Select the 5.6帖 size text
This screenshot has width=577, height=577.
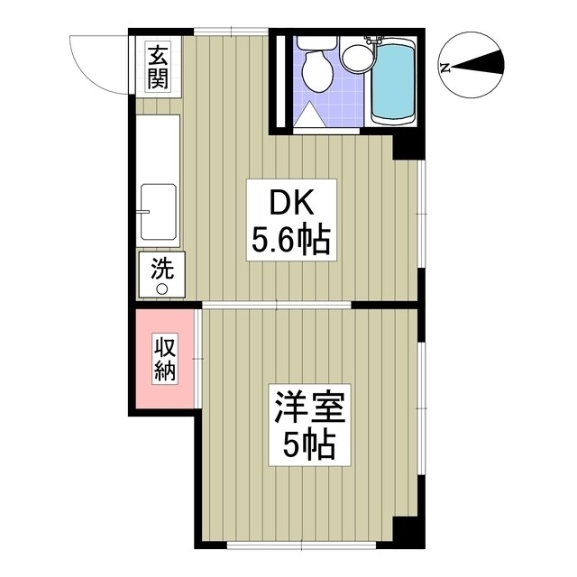coord(290,241)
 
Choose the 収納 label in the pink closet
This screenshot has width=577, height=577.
coord(164,358)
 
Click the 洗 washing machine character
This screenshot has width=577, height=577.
coord(162,269)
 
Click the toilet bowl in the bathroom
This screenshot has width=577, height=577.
coord(315,70)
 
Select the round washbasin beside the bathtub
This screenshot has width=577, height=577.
coord(354,59)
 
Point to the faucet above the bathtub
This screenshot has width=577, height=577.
coord(373,40)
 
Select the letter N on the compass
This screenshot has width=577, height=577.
coord(444,66)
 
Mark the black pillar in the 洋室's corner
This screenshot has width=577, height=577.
coord(410,535)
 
